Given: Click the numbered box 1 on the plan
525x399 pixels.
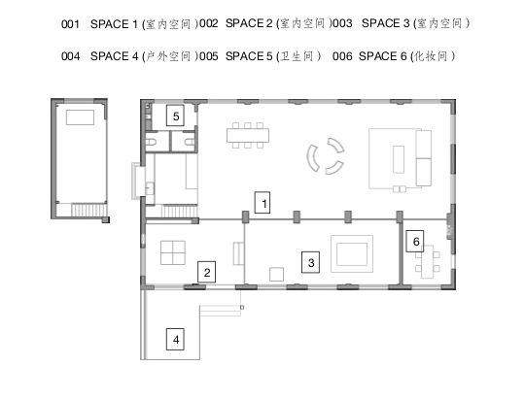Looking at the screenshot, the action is (262, 203).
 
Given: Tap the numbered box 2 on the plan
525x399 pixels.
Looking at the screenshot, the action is (206, 272).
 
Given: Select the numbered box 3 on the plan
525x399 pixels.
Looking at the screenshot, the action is (310, 262).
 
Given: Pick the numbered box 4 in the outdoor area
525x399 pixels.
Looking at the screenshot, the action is (175, 340).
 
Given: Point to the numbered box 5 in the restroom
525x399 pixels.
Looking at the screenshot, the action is (175, 116).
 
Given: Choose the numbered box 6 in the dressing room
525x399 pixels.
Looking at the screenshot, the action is (415, 241).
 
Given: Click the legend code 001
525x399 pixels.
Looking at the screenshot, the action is (70, 24).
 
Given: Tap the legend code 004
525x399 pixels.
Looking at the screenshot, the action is (70, 56).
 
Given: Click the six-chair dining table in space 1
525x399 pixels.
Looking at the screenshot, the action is (248, 135).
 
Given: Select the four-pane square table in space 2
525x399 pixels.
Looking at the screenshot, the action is (173, 252).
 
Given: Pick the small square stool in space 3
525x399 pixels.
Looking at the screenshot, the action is (276, 274).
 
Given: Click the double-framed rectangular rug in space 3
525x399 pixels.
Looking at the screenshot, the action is (352, 253).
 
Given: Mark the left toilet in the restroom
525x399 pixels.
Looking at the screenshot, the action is (151, 142).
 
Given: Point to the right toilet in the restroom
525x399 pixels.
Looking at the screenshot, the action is (190, 142).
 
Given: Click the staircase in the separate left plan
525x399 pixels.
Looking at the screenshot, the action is (88, 211).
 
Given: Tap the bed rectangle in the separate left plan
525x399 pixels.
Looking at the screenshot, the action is (80, 117).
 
